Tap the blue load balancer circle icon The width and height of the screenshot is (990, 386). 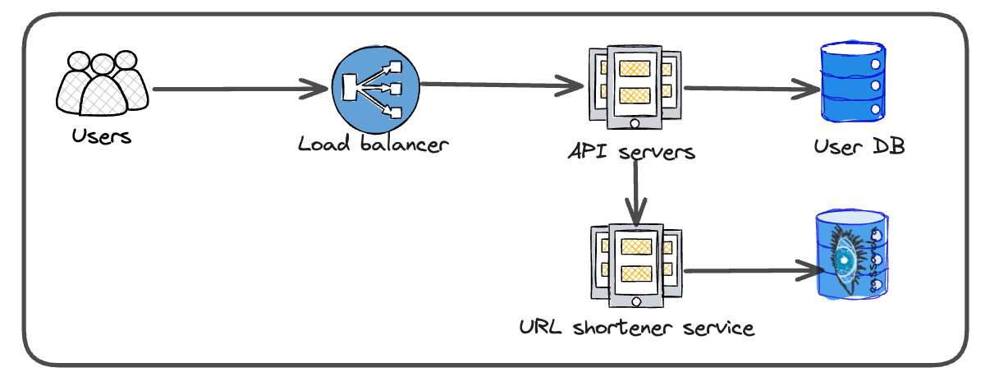(x=375, y=86)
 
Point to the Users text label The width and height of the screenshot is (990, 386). (x=101, y=136)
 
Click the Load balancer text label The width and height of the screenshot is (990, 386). (x=374, y=145)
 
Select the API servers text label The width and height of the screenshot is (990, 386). (x=631, y=152)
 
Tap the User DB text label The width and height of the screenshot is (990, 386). (x=859, y=147)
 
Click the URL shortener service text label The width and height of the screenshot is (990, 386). (x=636, y=329)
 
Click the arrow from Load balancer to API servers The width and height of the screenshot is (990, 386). (x=501, y=84)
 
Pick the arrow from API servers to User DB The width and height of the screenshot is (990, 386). (x=751, y=88)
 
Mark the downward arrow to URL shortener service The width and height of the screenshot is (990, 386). (x=635, y=193)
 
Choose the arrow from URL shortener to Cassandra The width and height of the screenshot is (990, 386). (x=751, y=270)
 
